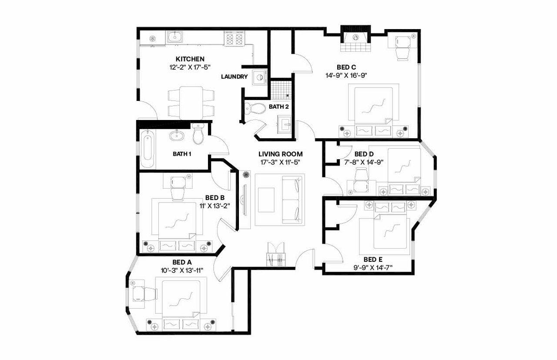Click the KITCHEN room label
pos(190,59)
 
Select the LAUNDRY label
pos(234,77)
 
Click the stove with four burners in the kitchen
pos(235,40)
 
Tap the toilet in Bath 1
pos(198,134)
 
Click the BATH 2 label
pos(278,107)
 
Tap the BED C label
pos(346,67)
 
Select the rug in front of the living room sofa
pos(266,200)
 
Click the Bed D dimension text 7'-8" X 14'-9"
pos(364,162)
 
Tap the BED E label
pos(373,260)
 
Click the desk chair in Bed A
pos(149,294)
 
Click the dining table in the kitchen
pos(191,102)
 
